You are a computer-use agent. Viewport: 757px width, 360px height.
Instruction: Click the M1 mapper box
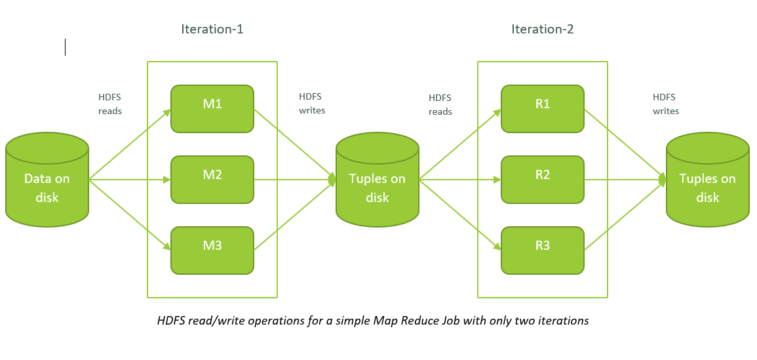(212, 109)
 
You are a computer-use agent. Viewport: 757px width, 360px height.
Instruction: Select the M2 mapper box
(212, 179)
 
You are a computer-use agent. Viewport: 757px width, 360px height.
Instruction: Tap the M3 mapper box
(212, 250)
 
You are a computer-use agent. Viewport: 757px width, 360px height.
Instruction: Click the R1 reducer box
(543, 109)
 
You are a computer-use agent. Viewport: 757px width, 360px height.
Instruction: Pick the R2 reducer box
(543, 179)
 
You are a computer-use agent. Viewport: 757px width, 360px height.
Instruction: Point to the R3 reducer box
(543, 250)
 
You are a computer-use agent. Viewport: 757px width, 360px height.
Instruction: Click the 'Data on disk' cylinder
(47, 179)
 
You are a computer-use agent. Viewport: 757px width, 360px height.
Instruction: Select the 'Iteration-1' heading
(212, 30)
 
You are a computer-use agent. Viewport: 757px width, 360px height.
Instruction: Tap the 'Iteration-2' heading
(543, 30)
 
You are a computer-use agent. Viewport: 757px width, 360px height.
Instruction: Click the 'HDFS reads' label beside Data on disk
(110, 104)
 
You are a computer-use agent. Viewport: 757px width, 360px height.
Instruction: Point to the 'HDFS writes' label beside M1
(312, 104)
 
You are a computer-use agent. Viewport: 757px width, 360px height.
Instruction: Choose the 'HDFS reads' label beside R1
(440, 104)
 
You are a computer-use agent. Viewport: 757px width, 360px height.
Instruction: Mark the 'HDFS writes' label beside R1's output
(666, 104)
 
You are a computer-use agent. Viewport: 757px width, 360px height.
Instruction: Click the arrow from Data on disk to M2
(130, 180)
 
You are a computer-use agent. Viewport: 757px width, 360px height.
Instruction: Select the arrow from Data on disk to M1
(130, 144)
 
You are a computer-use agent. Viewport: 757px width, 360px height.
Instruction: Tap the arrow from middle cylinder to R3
(460, 215)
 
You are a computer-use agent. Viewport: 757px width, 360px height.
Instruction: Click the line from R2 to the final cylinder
(626, 180)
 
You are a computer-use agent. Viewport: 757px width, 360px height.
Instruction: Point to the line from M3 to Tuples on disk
(295, 215)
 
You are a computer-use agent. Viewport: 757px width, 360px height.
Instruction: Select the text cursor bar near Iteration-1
(65, 47)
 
